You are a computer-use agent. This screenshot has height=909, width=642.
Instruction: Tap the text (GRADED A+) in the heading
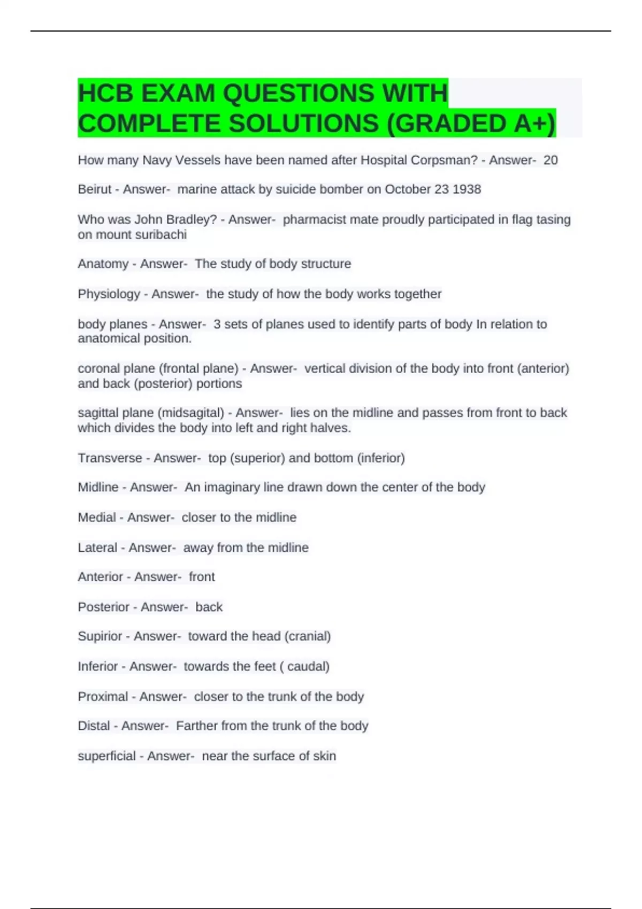coord(471,124)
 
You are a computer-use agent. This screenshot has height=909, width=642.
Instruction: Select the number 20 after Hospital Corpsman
coord(551,160)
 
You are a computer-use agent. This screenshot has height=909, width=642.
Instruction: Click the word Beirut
coord(95,189)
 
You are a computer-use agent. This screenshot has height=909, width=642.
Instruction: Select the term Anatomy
coord(103,264)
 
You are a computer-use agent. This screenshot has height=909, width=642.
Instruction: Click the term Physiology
coord(109,294)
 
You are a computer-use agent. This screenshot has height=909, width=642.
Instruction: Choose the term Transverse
coord(110,458)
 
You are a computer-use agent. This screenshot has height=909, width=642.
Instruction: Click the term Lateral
coord(97,548)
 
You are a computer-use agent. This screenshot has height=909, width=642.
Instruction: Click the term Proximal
coord(103,697)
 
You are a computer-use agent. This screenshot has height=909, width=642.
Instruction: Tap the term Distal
coord(94,726)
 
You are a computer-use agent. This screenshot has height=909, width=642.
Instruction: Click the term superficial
coord(106,756)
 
